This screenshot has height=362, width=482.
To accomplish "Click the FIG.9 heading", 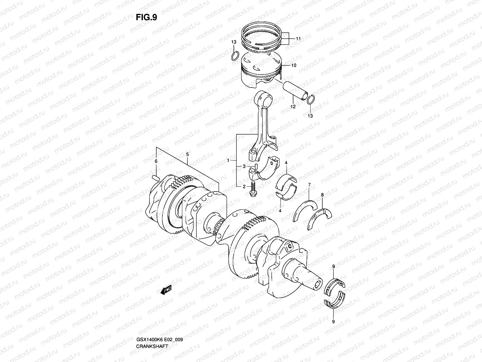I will pos(146,17).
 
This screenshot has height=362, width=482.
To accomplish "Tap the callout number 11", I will pos(298,39).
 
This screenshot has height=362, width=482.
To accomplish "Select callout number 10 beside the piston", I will pos(293,65).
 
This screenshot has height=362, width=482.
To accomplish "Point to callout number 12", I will pos(293,106).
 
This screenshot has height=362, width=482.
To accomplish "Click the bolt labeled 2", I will pos(252,189).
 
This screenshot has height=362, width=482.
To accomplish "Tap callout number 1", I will pos(229,160).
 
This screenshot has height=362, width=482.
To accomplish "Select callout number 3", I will pos(245,166).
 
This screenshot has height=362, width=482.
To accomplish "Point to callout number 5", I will pos(187,154).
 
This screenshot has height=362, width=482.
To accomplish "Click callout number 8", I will pos(322,195).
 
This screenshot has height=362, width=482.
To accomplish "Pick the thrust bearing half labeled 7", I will pos(305,210).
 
